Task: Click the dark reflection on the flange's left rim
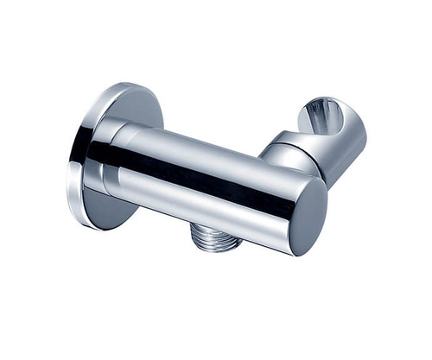pos(79,155)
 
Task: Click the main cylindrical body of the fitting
pos(207,186)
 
